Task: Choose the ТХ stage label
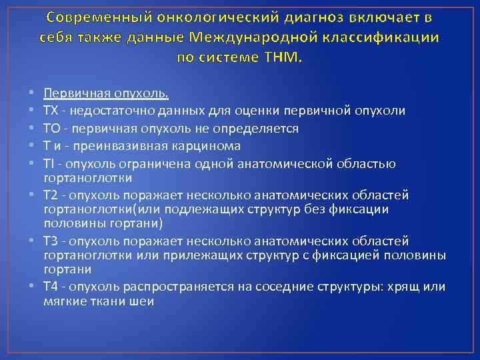51,109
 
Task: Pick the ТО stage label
51,127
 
